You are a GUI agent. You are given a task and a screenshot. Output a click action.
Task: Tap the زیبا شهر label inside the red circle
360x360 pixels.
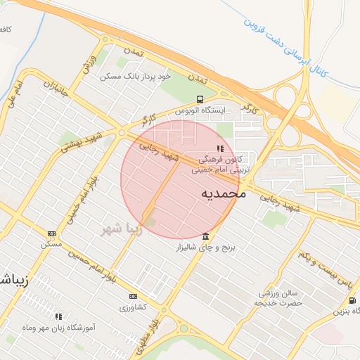[121, 229]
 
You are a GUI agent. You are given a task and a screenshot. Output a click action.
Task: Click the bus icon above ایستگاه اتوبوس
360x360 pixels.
[201, 99]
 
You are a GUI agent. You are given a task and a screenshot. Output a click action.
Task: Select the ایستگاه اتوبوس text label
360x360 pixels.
[202, 111]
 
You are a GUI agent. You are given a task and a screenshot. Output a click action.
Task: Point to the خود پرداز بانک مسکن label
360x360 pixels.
[135, 75]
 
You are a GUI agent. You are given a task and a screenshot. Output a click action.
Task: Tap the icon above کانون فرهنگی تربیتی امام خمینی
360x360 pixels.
[220, 148]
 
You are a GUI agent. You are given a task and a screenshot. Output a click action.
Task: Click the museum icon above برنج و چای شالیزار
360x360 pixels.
[205, 236]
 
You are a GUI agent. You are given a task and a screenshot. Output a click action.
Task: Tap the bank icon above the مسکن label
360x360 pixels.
[51, 233]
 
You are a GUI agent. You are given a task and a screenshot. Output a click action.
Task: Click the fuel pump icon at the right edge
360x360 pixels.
[352, 300]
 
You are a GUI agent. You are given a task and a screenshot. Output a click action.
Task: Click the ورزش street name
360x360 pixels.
[89, 64]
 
